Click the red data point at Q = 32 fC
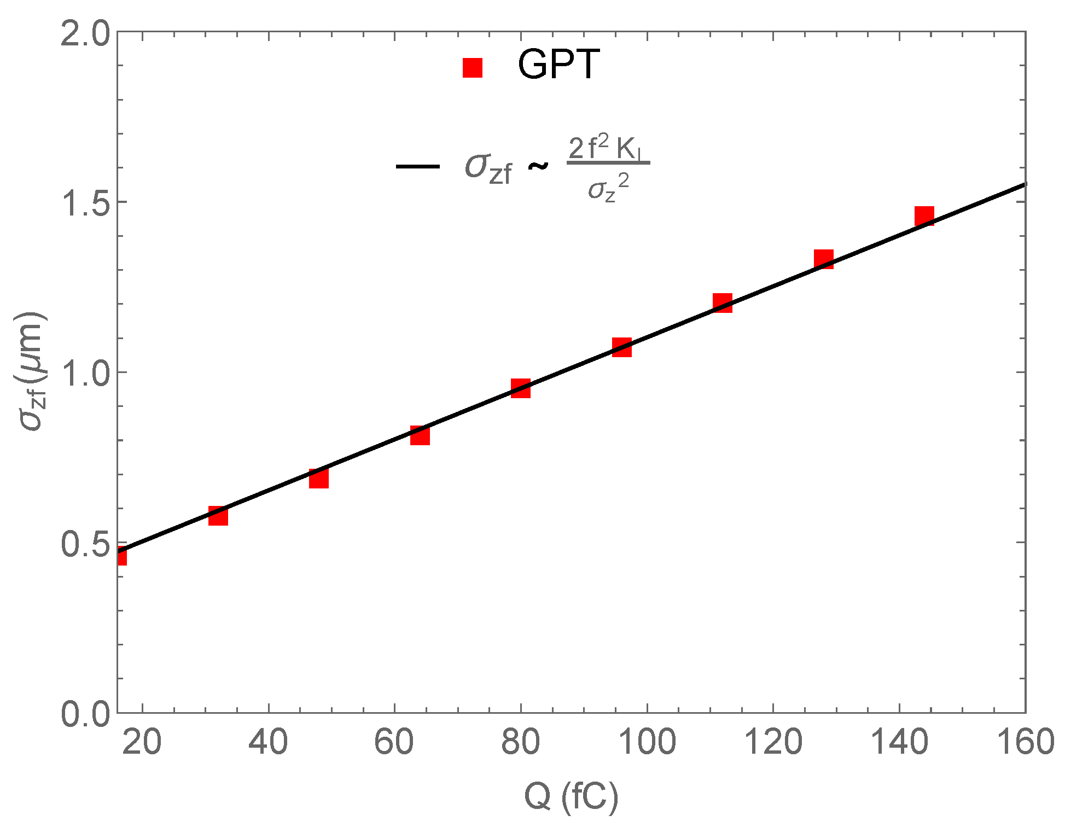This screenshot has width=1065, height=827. click(x=218, y=516)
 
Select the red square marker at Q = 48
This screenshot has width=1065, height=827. click(x=319, y=479)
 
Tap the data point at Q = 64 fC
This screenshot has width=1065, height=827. click(x=420, y=435)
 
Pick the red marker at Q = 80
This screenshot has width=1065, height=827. click(x=521, y=388)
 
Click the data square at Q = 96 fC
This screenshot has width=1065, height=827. click(x=622, y=347)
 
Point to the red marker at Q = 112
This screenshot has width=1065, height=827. click(x=723, y=302)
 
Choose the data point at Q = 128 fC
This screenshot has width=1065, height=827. click(x=824, y=259)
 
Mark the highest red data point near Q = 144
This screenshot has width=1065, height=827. click(x=924, y=216)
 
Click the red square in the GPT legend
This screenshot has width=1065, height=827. click(x=473, y=68)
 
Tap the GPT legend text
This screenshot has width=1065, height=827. click(x=558, y=65)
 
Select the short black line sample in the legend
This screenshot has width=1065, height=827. click(x=418, y=166)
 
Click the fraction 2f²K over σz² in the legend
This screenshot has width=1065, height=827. click(x=608, y=168)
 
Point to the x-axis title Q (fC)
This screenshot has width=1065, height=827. click(x=571, y=797)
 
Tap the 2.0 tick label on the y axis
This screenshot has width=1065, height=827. click(x=85, y=34)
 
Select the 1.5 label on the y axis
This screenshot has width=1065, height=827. click(x=85, y=203)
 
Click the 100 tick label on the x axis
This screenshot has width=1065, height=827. click(x=647, y=743)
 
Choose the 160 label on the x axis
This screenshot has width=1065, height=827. click(x=1025, y=743)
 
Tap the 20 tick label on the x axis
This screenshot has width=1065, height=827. click(x=142, y=743)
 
